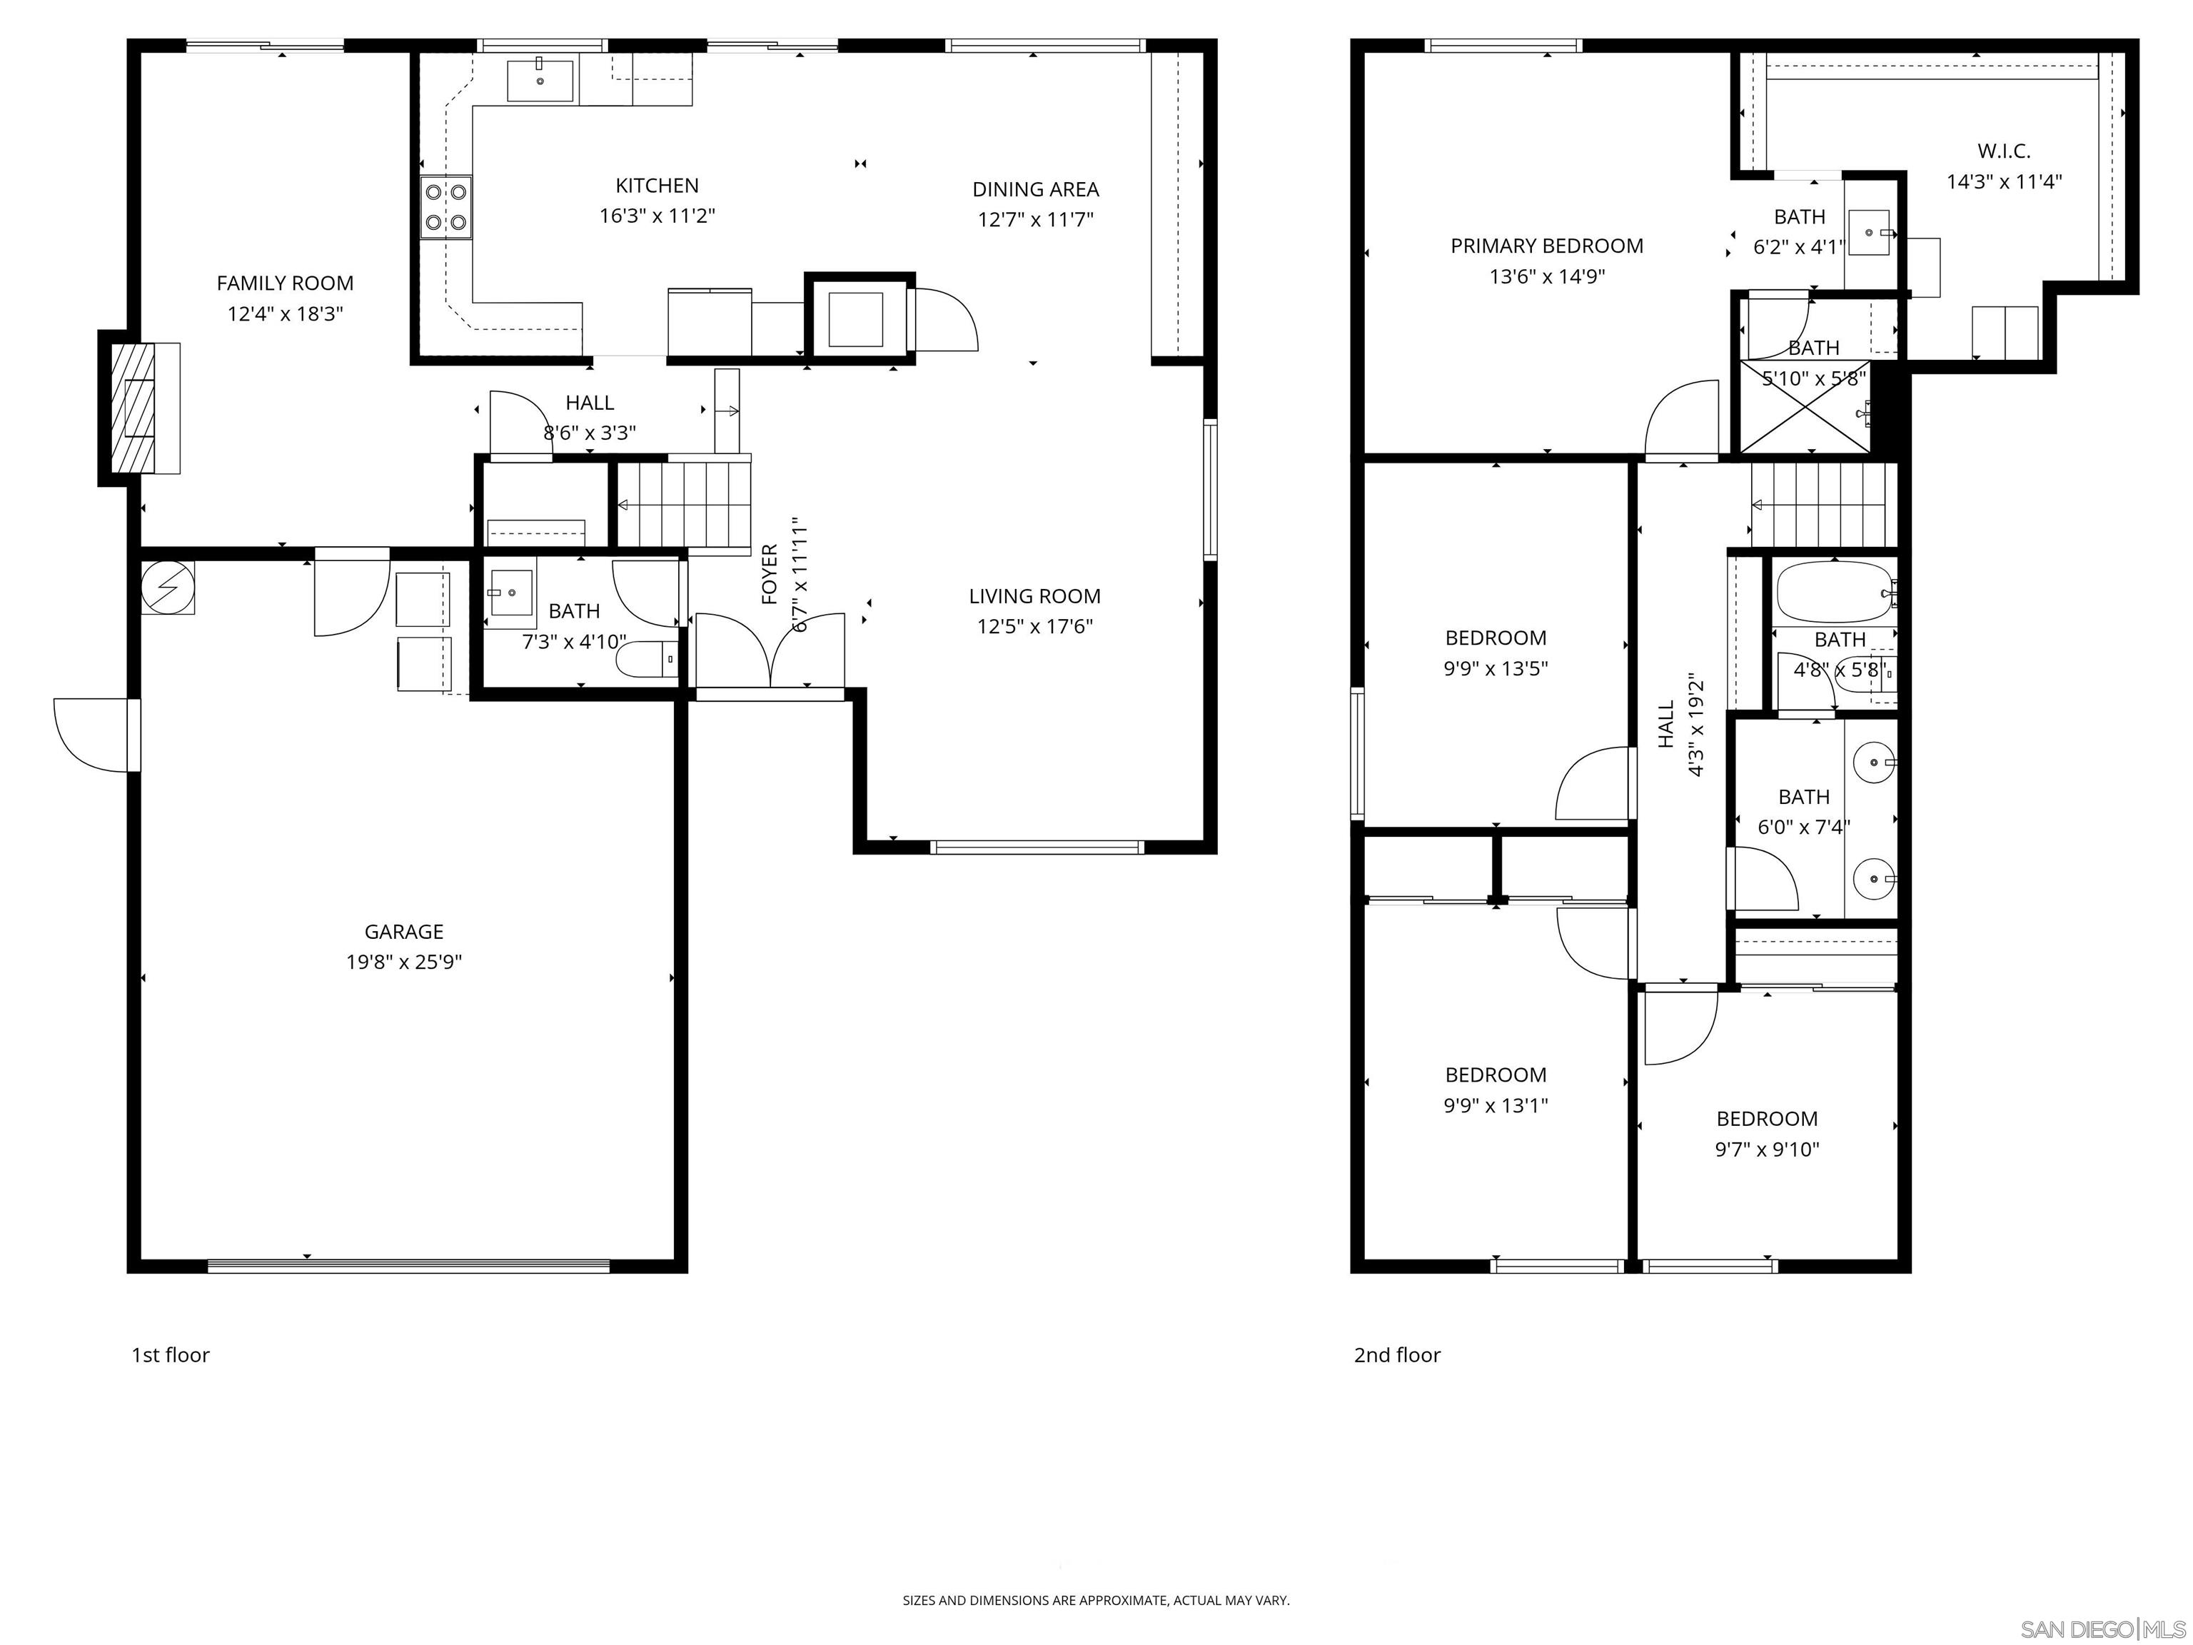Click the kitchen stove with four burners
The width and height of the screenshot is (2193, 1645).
pyautogui.click(x=445, y=207)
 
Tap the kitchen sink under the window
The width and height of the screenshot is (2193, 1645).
pyautogui.click(x=540, y=80)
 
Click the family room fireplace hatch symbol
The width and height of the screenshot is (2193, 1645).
pyautogui.click(x=133, y=408)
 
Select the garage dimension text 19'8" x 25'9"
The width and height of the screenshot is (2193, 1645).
pyautogui.click(x=403, y=962)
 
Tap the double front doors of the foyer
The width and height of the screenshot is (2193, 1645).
pyautogui.click(x=770, y=650)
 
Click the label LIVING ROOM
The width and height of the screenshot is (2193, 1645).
pyautogui.click(x=1034, y=596)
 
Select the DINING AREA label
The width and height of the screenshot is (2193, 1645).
pyautogui.click(x=1035, y=189)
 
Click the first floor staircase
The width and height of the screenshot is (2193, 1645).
pyautogui.click(x=684, y=505)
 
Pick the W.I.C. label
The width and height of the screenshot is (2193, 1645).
pyautogui.click(x=2004, y=151)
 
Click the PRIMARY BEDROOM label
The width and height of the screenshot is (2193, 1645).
pyautogui.click(x=1546, y=246)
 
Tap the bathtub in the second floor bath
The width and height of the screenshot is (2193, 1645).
pyautogui.click(x=1834, y=592)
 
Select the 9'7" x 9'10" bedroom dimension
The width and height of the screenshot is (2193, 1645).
pyautogui.click(x=1767, y=1150)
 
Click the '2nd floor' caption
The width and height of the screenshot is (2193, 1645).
pyautogui.click(x=1396, y=1354)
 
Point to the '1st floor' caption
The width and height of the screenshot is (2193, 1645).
pyautogui.click(x=171, y=1354)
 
